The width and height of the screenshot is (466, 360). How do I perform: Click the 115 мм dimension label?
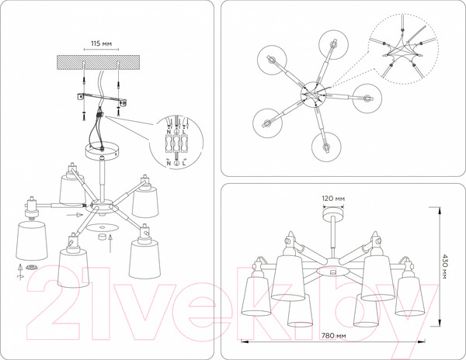click(101, 43)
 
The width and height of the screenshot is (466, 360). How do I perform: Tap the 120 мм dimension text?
click(333, 199)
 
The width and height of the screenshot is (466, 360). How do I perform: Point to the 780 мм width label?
click(333, 336)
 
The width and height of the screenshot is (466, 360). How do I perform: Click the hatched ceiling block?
click(98, 62)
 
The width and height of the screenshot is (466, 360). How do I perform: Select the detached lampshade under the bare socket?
click(31, 241)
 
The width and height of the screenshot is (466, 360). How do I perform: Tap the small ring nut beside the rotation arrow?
click(31, 267)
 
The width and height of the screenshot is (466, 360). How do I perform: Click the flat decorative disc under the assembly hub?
click(102, 227)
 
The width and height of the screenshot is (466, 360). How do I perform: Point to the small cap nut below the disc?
click(102, 237)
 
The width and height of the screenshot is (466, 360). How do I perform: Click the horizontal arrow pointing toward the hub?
click(74, 215)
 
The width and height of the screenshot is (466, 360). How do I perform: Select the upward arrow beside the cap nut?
click(110, 243)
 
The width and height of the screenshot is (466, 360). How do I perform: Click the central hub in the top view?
click(313, 94)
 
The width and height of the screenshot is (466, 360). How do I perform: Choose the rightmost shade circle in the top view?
click(367, 99)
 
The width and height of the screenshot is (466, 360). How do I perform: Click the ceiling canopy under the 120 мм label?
click(333, 212)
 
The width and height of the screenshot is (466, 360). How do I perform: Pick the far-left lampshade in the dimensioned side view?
click(257, 296)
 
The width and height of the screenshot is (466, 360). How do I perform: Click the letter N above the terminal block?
click(169, 131)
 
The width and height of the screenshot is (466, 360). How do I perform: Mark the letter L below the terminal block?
click(184, 163)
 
